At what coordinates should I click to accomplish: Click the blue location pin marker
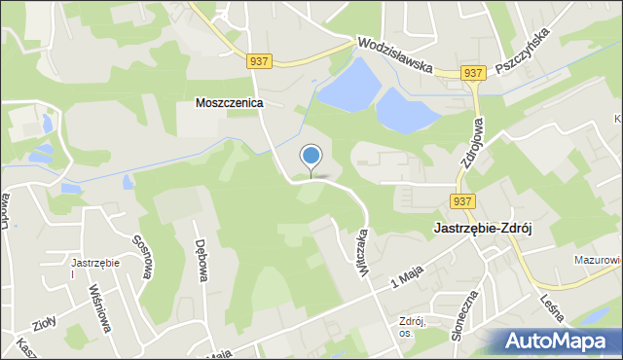pos(311,156)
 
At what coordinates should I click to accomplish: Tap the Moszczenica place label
pos(230,102)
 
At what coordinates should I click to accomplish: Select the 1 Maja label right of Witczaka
pos(409,273)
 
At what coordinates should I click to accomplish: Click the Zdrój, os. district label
pos(414,327)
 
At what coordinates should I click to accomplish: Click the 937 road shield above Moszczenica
pos(258,60)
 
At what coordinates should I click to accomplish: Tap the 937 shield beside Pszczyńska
pos(473,73)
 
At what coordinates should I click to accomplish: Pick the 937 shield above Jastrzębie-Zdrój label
pos(462,201)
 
